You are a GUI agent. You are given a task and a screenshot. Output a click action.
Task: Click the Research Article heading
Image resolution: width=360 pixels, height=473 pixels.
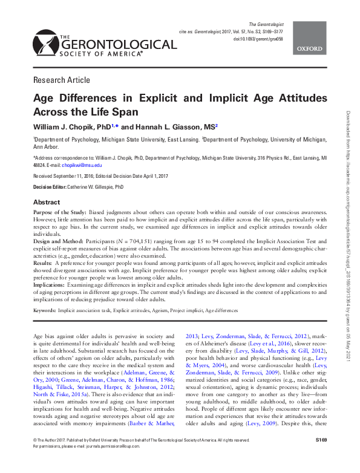coord(62,80)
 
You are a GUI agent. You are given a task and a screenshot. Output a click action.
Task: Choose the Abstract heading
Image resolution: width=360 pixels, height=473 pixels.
coord(46,202)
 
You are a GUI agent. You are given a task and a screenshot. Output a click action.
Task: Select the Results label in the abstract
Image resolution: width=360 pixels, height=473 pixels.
coord(42,264)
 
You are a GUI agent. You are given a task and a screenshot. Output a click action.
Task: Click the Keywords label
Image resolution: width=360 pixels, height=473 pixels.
coord(44,310)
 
